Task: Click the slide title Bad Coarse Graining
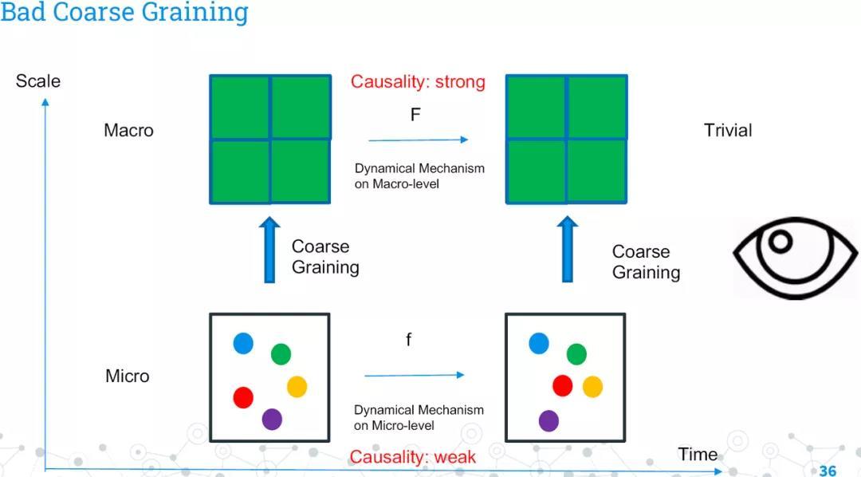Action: click(x=124, y=13)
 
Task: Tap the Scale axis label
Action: click(x=37, y=81)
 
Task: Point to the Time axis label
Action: click(x=698, y=455)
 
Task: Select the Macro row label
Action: click(x=128, y=130)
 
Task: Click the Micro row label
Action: click(x=128, y=376)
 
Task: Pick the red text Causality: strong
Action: click(x=418, y=82)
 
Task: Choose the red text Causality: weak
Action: click(x=412, y=457)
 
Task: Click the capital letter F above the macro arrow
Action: click(x=415, y=115)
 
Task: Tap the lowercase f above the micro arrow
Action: click(x=409, y=341)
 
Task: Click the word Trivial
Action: click(x=728, y=130)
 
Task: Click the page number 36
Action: click(x=828, y=471)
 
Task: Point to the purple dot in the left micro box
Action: click(x=272, y=419)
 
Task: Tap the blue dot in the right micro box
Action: click(x=539, y=343)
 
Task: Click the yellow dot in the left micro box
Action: click(x=297, y=387)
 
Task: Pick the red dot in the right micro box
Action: click(x=563, y=386)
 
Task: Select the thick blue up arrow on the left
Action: click(x=270, y=250)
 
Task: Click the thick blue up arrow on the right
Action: click(x=568, y=250)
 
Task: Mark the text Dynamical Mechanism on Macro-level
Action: click(x=419, y=176)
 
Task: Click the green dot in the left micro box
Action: click(x=281, y=353)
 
